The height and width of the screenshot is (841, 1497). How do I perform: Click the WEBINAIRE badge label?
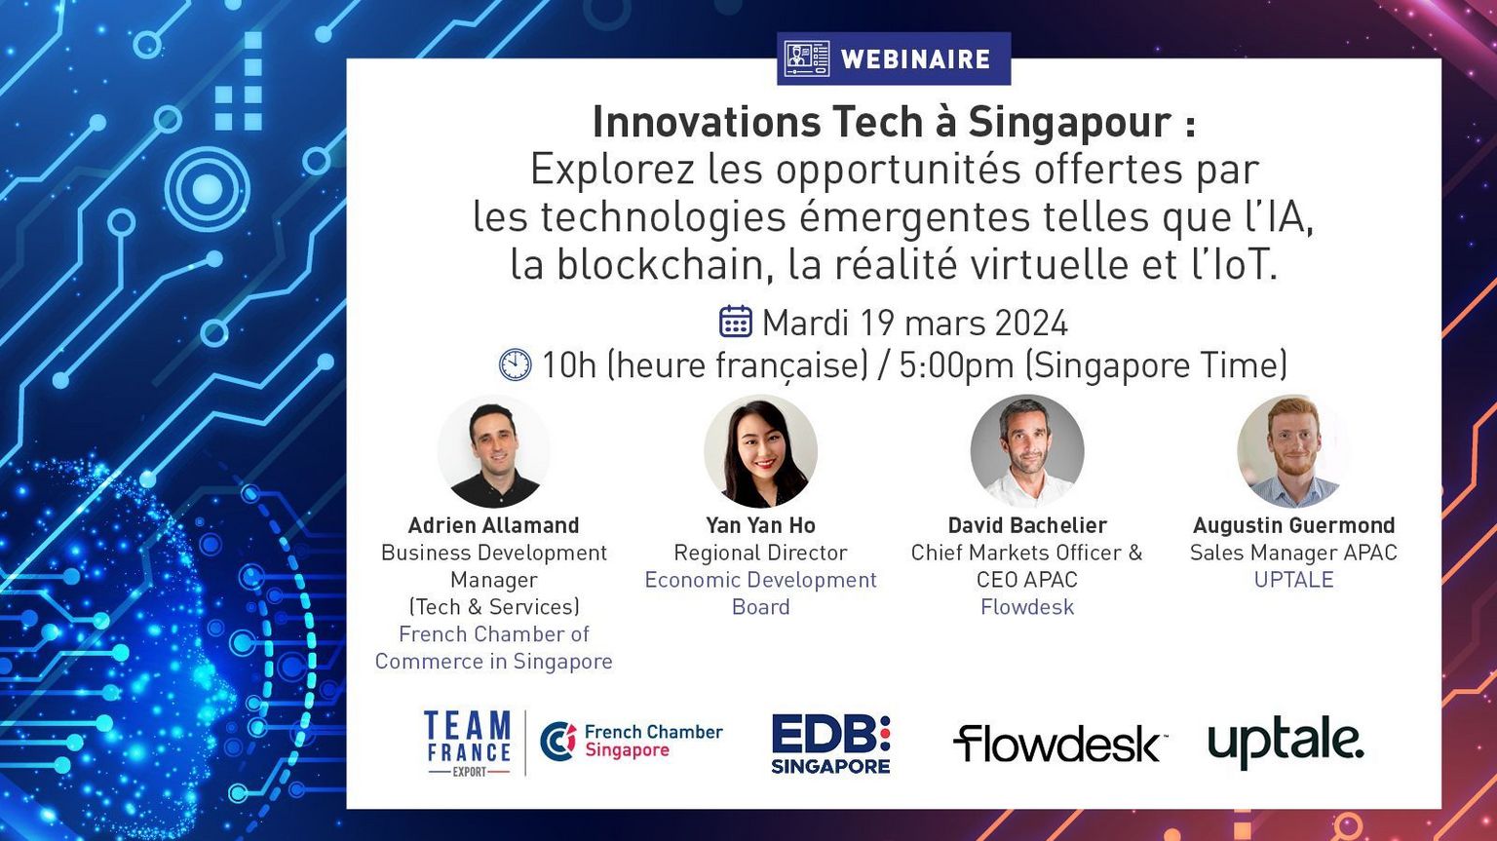click(x=915, y=58)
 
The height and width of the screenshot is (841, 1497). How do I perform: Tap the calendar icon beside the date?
click(x=736, y=322)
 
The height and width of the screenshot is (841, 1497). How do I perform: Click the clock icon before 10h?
click(x=516, y=364)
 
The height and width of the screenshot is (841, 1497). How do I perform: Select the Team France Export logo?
click(x=467, y=744)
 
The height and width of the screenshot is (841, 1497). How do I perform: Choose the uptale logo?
click(x=1286, y=745)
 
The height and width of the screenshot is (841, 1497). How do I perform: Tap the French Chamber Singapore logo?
click(x=631, y=742)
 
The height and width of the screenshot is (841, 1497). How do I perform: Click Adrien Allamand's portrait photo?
click(x=494, y=451)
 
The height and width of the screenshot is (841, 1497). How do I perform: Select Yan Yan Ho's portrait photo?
click(x=760, y=451)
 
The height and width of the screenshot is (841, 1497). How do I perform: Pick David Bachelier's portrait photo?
click(x=1027, y=451)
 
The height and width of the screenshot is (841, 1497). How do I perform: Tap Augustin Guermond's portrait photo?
click(x=1294, y=451)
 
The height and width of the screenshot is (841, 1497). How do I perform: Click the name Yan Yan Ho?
click(x=760, y=525)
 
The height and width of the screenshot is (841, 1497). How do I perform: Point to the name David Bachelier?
click(x=1027, y=525)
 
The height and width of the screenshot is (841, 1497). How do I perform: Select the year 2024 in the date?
click(x=1031, y=324)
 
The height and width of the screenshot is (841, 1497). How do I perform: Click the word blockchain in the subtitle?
click(x=660, y=264)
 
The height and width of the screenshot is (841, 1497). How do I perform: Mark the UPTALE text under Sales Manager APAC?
click(x=1294, y=579)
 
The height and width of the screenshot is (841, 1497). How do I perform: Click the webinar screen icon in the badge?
click(x=807, y=58)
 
